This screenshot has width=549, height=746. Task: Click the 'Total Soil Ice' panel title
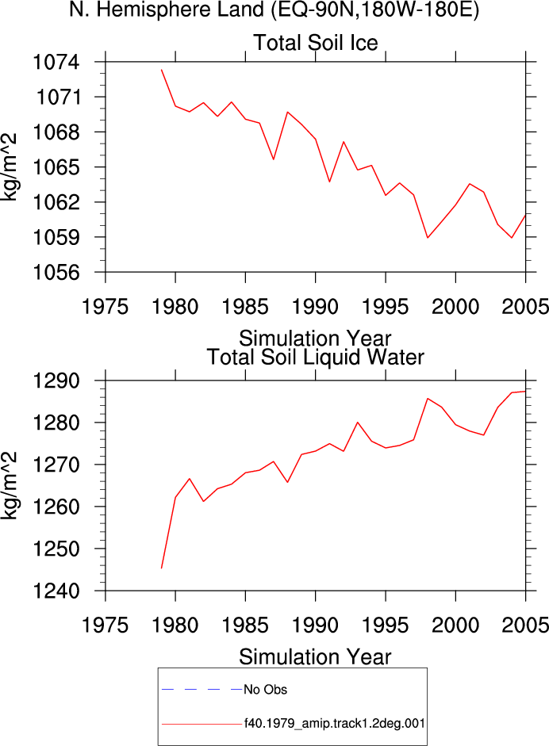tap(315, 42)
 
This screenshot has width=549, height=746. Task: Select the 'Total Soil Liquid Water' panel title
tap(315, 358)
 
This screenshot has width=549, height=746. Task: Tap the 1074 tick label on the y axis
tap(56, 62)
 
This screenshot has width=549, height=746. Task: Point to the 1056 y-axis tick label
tap(56, 272)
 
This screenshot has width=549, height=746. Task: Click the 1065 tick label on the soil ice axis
tap(56, 167)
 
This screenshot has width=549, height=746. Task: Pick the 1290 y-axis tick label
tap(56, 381)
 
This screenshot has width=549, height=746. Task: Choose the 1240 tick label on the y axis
tap(56, 591)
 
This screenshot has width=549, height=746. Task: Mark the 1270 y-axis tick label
tap(56, 465)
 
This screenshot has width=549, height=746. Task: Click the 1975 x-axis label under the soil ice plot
tap(106, 306)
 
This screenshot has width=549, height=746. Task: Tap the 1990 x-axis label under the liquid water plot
tap(315, 625)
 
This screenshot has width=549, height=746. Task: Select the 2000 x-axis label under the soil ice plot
tap(455, 306)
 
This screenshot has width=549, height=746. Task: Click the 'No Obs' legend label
tap(265, 690)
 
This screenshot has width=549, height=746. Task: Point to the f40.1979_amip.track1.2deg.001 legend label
tap(334, 724)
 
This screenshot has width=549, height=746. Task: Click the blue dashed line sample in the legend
tap(202, 690)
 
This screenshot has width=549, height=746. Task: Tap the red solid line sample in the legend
tap(202, 724)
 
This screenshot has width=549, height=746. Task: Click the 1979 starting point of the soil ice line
tap(161, 70)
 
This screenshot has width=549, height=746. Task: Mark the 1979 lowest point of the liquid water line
tap(161, 568)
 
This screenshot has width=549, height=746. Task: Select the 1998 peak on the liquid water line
tap(428, 398)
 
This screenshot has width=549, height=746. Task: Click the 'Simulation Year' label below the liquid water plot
tap(315, 657)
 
